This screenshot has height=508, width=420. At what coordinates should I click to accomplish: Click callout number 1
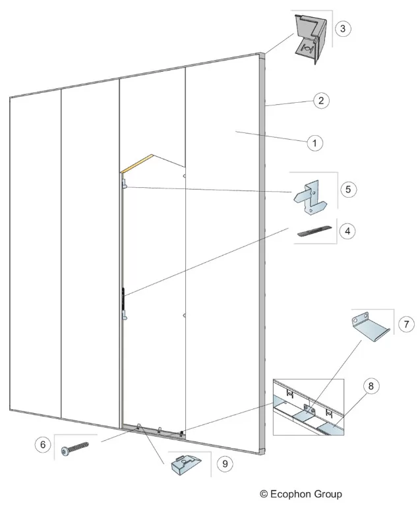[315, 143]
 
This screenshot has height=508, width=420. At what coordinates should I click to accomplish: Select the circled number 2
[321, 100]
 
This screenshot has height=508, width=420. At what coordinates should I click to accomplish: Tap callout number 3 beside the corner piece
[343, 28]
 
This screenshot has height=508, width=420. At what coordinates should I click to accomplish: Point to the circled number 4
[347, 231]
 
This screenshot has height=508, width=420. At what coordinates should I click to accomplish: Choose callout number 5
[348, 190]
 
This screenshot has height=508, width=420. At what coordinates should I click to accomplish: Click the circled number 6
[43, 445]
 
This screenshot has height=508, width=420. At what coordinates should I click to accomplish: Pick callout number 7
[406, 324]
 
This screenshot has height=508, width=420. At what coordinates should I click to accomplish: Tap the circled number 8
[371, 386]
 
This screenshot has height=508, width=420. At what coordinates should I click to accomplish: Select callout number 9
[225, 464]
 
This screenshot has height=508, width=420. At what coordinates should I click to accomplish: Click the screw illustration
[75, 449]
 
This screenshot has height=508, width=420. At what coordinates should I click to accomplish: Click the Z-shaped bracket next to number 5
[311, 197]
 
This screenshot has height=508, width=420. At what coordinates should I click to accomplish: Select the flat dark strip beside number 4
[315, 231]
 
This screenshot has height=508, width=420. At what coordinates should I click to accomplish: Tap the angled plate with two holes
[370, 326]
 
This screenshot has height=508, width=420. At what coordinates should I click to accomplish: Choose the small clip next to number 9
[186, 465]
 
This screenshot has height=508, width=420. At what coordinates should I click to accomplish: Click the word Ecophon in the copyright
[291, 494]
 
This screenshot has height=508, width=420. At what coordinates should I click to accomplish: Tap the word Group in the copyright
[328, 494]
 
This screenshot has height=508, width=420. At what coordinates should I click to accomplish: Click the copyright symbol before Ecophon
[264, 494]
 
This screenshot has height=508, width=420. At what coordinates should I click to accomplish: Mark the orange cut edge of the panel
[136, 163]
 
